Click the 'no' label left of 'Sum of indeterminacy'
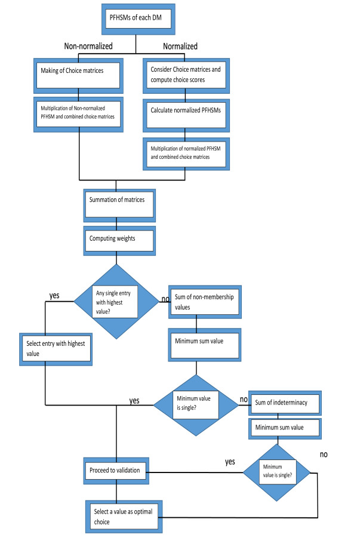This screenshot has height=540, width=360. pyautogui.click(x=243, y=398)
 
